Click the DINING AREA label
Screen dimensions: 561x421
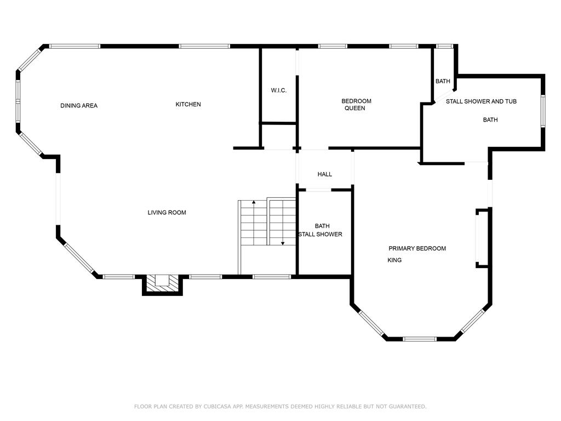click(x=79, y=106)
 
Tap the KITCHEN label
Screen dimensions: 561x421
click(x=188, y=105)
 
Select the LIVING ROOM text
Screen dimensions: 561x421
click(x=167, y=213)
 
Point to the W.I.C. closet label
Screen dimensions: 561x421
click(x=279, y=90)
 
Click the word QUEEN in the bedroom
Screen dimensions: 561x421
click(x=355, y=108)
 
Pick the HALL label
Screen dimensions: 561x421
click(x=325, y=174)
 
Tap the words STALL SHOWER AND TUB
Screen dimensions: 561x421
click(x=481, y=101)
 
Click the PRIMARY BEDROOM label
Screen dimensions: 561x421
click(x=417, y=248)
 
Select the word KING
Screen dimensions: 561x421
click(x=394, y=260)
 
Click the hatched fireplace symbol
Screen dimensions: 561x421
click(x=162, y=285)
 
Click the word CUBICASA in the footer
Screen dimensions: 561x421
click(x=220, y=406)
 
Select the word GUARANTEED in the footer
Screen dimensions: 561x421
click(x=407, y=406)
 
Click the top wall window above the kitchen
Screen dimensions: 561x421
click(x=204, y=46)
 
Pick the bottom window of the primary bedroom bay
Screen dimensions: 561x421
click(x=420, y=339)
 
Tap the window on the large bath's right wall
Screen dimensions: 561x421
click(x=543, y=111)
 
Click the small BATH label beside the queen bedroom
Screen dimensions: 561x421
click(x=443, y=81)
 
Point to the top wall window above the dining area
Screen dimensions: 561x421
click(x=75, y=46)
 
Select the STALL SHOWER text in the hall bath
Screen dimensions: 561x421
click(x=320, y=235)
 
